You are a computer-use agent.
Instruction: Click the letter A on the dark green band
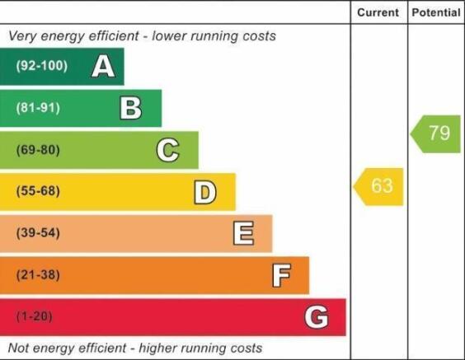click(103, 66)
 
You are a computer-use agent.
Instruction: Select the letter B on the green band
click(131, 108)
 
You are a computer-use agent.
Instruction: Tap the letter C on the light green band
click(168, 150)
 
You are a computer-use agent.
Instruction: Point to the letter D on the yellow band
click(205, 192)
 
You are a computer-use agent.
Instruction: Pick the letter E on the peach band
click(243, 233)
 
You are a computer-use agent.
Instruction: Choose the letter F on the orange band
click(281, 275)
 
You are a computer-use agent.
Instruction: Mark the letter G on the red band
click(317, 317)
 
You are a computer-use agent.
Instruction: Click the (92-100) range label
click(42, 65)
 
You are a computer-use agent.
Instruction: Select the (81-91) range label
click(38, 108)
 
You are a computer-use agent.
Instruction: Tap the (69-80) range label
click(38, 150)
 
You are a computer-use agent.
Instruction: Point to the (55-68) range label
click(38, 191)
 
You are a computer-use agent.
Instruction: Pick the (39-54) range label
click(38, 232)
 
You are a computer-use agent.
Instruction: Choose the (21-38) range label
click(38, 274)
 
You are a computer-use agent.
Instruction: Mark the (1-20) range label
click(35, 316)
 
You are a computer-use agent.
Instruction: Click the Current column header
click(378, 12)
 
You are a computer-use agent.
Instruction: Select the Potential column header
click(436, 12)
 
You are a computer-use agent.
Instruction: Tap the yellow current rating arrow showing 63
click(378, 187)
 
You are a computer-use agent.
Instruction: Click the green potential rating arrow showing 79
click(435, 134)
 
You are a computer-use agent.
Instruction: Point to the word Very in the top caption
click(22, 36)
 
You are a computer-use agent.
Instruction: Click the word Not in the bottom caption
click(18, 348)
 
